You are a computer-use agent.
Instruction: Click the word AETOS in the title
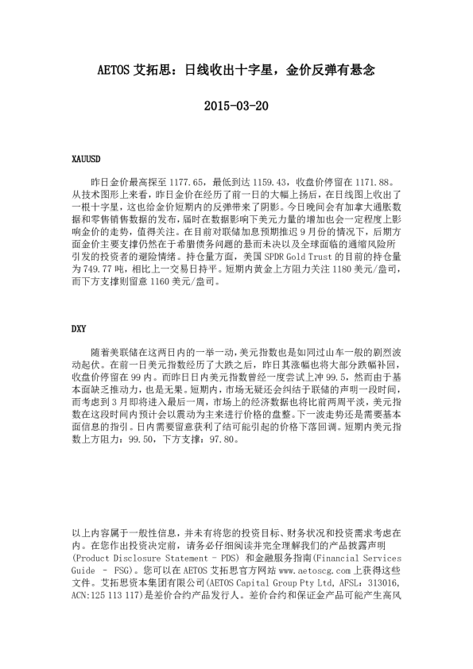[x=114, y=70]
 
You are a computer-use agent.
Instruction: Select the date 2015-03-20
[x=236, y=106]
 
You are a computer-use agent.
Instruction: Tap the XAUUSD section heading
[x=87, y=160]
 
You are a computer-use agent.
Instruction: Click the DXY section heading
[x=79, y=327]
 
